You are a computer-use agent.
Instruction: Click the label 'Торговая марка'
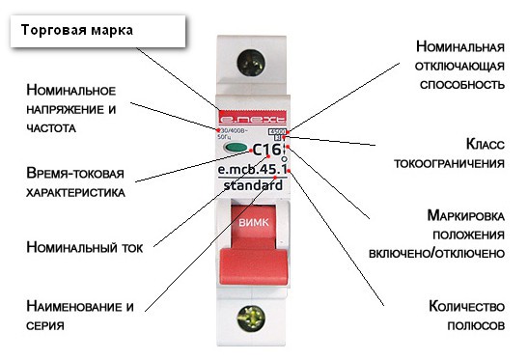[x=83, y=29]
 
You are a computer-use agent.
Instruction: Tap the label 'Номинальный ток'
[x=85, y=246]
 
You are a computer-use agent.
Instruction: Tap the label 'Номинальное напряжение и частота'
[x=71, y=108]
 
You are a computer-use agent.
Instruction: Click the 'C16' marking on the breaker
[x=267, y=150]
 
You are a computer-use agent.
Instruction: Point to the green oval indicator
[x=236, y=150]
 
